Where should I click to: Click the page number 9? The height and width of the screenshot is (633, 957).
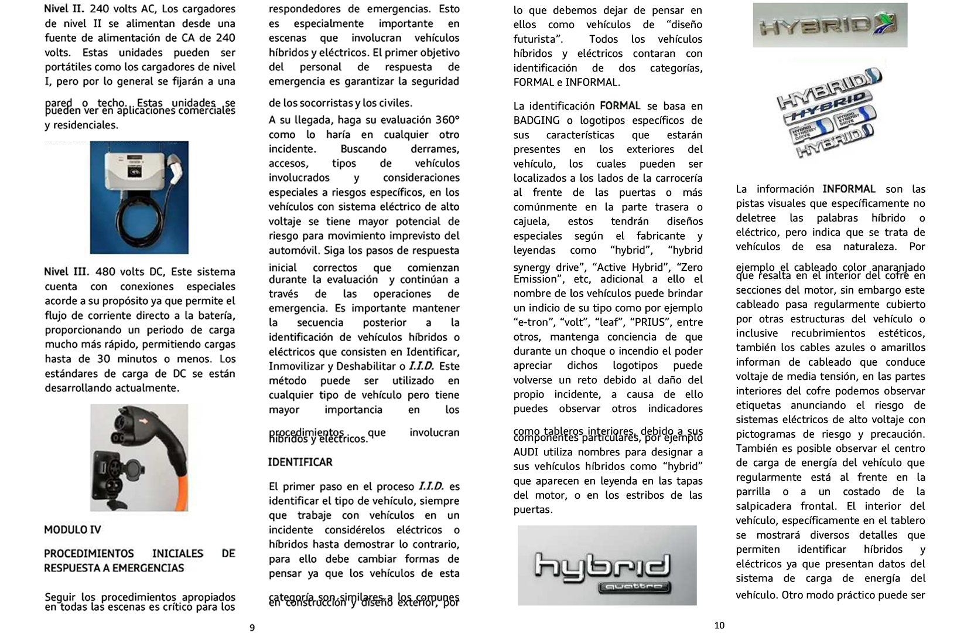[x=252, y=628]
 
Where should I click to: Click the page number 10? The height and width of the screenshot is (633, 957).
[x=719, y=625]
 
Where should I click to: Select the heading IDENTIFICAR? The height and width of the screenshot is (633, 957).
[x=300, y=462]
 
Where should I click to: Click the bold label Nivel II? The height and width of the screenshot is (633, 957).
[x=64, y=9]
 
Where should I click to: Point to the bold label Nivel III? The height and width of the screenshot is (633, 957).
[x=66, y=272]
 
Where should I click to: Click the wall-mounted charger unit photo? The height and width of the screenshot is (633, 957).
[x=139, y=197]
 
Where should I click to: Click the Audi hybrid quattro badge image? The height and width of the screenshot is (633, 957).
[x=607, y=565]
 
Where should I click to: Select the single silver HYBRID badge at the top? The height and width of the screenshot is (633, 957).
[x=830, y=25]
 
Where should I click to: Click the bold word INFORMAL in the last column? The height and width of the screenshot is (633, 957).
[x=849, y=189]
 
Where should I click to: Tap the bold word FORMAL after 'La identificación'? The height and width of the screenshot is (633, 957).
[x=620, y=106]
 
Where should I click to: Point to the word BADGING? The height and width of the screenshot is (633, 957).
[x=536, y=121]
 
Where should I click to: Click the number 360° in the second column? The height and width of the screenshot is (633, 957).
[x=447, y=120]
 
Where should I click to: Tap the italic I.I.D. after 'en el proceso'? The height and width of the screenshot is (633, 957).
[x=430, y=487]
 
